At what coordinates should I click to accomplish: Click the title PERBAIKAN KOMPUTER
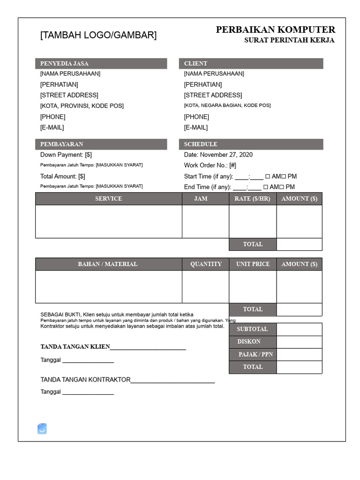[275, 30]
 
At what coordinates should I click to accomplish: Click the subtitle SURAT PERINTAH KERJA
[289, 40]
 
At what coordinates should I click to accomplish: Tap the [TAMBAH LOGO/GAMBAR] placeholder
[98, 35]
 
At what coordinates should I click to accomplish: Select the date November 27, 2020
[226, 155]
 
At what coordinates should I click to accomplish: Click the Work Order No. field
[210, 165]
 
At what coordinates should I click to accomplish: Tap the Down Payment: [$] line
[66, 155]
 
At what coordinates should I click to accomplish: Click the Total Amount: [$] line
[63, 176]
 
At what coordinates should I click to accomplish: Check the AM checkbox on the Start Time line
[268, 177]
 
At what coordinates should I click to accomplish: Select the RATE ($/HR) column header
[252, 199]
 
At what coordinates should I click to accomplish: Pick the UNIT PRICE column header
[253, 264]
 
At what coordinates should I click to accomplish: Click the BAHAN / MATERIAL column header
[108, 264]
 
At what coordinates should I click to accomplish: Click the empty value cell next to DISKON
[299, 342]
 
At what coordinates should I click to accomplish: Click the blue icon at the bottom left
[42, 428]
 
